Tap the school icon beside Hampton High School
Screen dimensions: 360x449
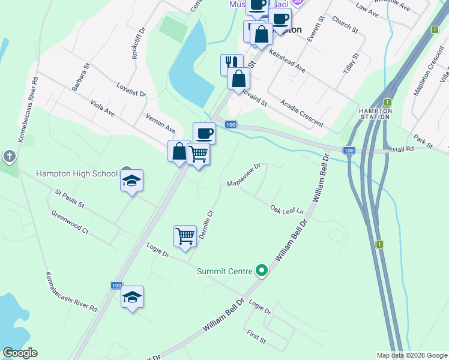131,181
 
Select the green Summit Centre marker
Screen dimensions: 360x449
261,271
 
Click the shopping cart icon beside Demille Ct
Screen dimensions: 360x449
185,236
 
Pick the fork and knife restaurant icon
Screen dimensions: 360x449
232,64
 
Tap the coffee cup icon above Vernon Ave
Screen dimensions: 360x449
204,133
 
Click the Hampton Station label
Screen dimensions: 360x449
375,114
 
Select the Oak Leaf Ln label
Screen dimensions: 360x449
286,209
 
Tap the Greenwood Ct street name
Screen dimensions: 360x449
70,222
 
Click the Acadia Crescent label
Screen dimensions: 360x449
301,115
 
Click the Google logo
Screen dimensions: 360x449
20,353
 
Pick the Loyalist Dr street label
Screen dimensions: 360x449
131,89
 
